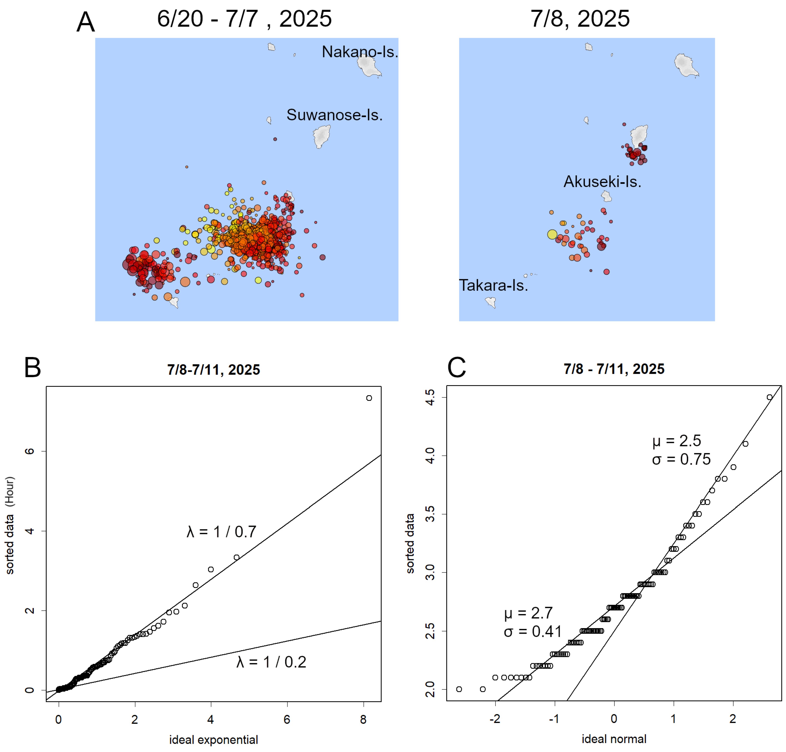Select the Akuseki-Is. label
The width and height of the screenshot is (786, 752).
(602, 182)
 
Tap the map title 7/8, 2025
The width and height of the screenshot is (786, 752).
(580, 19)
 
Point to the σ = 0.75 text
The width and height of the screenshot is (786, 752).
(681, 459)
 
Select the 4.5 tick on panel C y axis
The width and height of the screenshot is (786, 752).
(429, 397)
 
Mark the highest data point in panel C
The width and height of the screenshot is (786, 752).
(769, 397)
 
